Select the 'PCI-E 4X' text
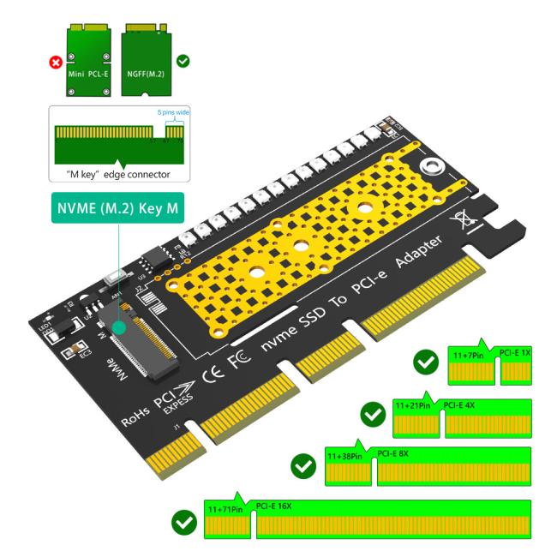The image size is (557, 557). pos(460,404)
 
